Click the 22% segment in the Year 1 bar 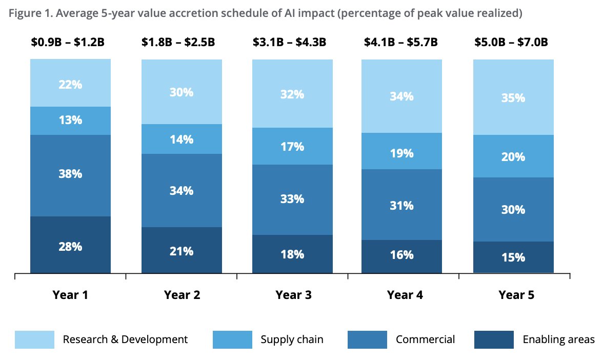coord(70,84)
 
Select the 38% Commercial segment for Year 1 coord(70,174)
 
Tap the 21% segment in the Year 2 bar coord(182,251)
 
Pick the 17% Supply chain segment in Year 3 coord(292,146)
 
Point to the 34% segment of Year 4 coord(401,96)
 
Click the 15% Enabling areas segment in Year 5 coord(513,257)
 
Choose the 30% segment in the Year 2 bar coord(182,92)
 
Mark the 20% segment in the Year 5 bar coord(513,156)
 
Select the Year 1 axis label coord(70,295)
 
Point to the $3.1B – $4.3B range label coord(290,42)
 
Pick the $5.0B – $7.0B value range coord(511,42)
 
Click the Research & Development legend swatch coord(34,339)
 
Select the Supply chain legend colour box coord(232,339)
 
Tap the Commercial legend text coord(425,339)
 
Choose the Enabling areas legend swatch coord(494,339)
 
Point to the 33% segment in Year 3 coord(292,199)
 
